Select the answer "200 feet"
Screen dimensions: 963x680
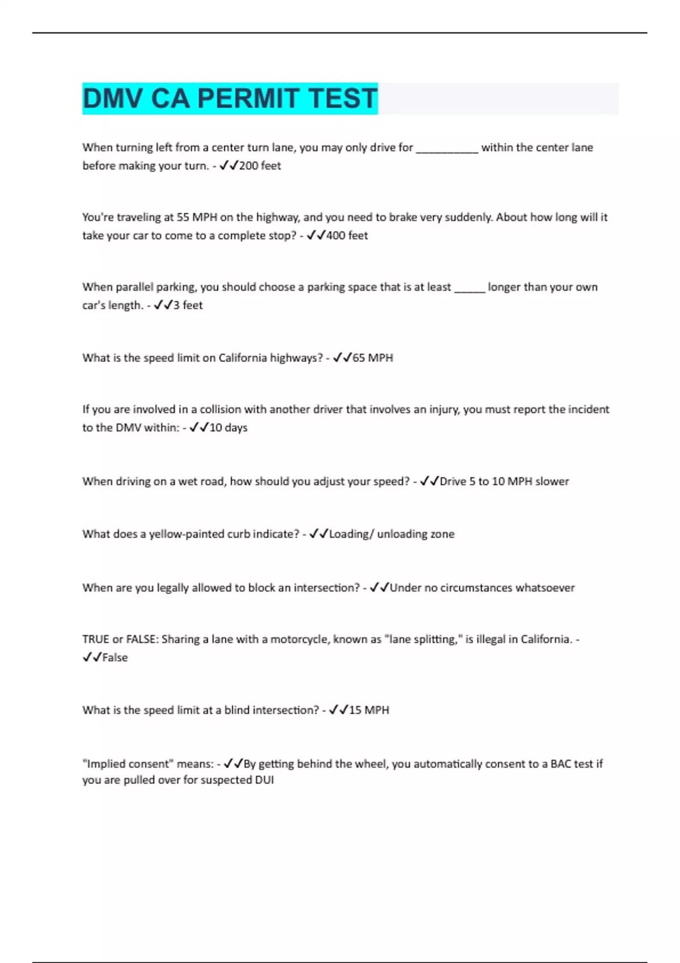[260, 166]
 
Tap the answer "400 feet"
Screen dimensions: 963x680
[347, 236]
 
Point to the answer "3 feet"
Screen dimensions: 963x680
[188, 305]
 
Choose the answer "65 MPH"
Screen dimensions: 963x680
[372, 358]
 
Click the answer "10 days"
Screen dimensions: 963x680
[228, 428]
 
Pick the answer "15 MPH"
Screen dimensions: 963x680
[369, 710]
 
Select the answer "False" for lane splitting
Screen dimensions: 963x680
[115, 658]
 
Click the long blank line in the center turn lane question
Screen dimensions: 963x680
[447, 148]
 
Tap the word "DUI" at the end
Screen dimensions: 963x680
[264, 780]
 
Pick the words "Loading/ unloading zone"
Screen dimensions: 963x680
[392, 534]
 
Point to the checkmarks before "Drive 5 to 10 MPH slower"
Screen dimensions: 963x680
[429, 482]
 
